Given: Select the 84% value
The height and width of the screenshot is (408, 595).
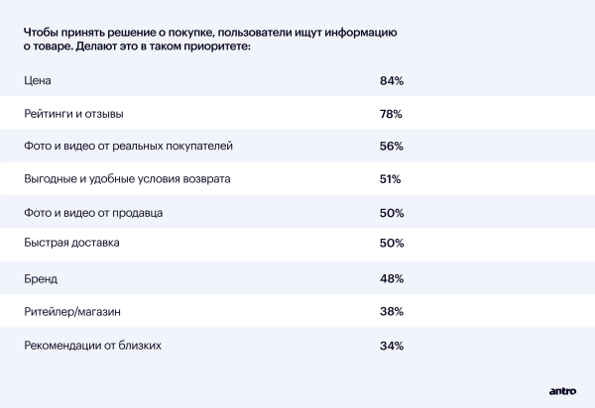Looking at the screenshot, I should (x=391, y=80).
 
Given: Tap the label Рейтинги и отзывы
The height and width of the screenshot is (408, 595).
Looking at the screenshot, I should (x=73, y=114).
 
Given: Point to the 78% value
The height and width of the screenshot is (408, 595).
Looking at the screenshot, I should (x=391, y=114).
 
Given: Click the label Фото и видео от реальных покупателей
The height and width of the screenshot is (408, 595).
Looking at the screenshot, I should (x=128, y=147).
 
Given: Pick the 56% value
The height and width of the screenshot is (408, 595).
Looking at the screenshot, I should (x=391, y=147).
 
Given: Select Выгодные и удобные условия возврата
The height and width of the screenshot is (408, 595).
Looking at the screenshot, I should (x=127, y=179).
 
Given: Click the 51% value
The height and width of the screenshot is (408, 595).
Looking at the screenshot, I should (x=390, y=179).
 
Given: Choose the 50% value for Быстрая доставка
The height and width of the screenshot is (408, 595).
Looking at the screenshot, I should (x=391, y=243).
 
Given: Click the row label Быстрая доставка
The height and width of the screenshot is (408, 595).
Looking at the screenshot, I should (x=71, y=243).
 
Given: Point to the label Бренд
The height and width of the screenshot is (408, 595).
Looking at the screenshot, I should (x=41, y=279).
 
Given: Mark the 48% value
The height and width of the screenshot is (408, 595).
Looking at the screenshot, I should (x=391, y=279).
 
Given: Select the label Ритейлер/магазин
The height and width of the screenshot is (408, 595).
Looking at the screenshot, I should (x=72, y=312).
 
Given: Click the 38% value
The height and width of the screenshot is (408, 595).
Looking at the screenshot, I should (x=391, y=312).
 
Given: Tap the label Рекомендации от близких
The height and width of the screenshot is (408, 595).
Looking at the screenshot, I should (x=91, y=346).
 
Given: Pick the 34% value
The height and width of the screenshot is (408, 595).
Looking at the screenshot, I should (x=391, y=346).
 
